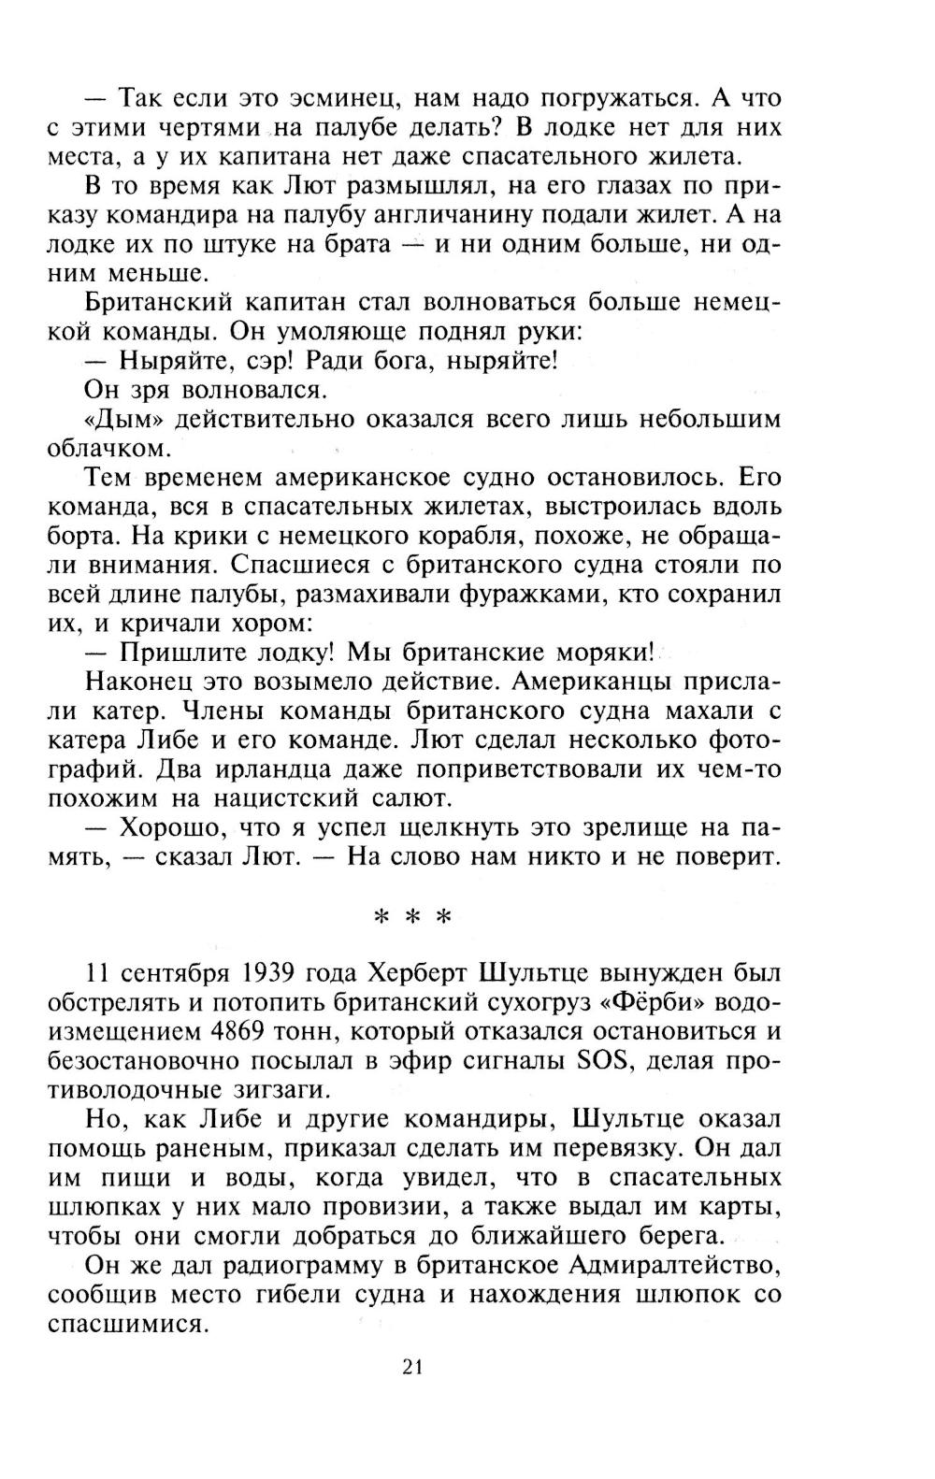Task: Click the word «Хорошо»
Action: tap(170, 828)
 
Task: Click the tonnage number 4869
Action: tap(229, 1032)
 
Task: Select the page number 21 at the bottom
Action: tap(413, 1367)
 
